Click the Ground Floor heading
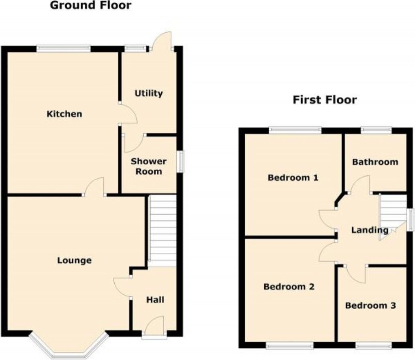click(x=90, y=6)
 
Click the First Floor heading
click(x=325, y=100)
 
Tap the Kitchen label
click(x=64, y=114)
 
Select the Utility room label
click(x=149, y=94)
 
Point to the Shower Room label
click(x=148, y=166)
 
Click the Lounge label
click(x=74, y=260)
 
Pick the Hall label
click(x=155, y=300)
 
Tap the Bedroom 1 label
click(x=293, y=177)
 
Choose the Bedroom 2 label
click(x=289, y=287)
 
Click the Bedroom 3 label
click(x=370, y=305)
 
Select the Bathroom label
click(x=375, y=162)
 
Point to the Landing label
click(x=370, y=230)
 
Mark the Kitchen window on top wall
click(x=63, y=49)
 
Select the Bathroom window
click(x=376, y=130)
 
